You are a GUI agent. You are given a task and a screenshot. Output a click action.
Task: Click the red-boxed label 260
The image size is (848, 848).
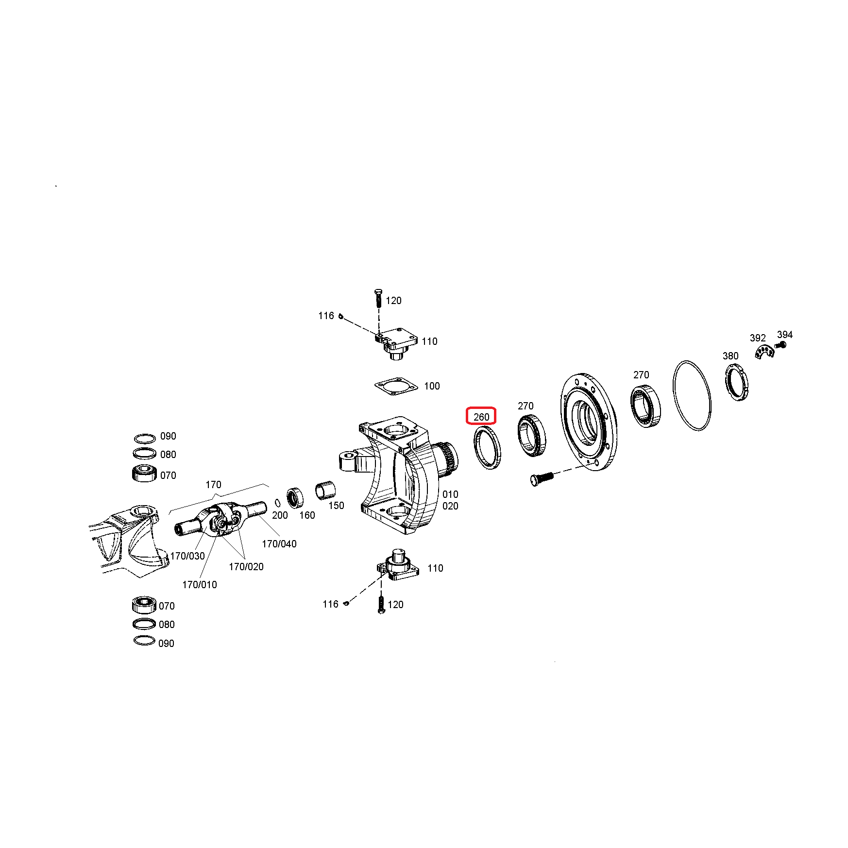click(481, 417)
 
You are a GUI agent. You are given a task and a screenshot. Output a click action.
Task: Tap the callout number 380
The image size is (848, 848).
click(730, 356)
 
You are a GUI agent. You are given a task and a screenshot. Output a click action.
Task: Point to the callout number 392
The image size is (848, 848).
click(758, 338)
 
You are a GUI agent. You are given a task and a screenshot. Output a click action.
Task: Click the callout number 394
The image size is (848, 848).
click(785, 335)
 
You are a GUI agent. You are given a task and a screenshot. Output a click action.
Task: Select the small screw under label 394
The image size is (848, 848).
click(780, 345)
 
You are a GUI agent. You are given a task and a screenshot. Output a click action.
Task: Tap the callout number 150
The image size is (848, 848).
click(336, 505)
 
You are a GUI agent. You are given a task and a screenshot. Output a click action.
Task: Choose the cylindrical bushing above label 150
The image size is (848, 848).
click(325, 490)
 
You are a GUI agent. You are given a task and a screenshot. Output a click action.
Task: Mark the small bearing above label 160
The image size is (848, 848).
click(295, 497)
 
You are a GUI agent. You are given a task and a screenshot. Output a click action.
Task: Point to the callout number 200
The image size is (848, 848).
click(280, 515)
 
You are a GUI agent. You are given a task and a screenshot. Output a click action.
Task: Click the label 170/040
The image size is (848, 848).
click(279, 544)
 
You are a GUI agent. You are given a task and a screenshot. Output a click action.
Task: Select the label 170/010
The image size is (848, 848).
click(200, 585)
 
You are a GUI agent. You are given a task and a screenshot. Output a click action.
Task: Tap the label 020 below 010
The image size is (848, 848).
click(450, 506)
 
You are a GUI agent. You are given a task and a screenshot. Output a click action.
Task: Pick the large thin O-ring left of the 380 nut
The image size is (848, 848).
click(674, 389)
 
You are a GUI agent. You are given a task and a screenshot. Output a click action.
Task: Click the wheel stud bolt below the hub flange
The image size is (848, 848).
click(542, 478)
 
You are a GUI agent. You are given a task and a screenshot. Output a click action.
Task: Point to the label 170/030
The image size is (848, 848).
click(187, 556)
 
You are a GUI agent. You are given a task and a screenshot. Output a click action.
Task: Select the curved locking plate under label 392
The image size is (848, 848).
click(764, 351)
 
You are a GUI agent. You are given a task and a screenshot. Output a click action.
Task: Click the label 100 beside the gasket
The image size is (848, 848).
click(432, 386)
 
